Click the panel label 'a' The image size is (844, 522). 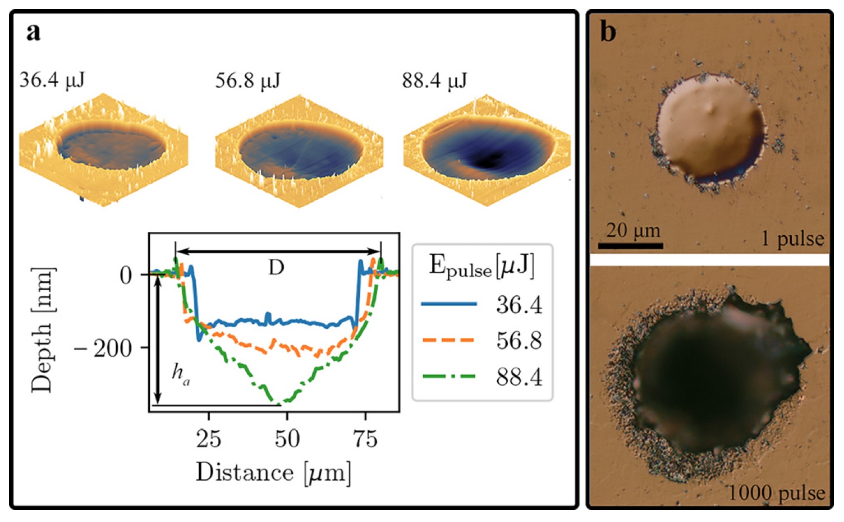(33, 32)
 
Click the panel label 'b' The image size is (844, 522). (608, 32)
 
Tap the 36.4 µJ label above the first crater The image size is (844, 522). (52, 80)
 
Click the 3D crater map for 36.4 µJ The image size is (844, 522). (104, 148)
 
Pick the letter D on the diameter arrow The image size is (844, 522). (276, 268)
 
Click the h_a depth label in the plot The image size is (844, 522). (180, 373)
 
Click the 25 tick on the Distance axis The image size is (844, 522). (208, 438)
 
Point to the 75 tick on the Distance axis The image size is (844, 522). (365, 438)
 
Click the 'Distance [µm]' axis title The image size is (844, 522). (273, 473)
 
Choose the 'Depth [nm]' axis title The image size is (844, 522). (43, 330)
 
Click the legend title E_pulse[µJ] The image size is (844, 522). (481, 266)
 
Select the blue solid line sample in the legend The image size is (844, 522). (449, 304)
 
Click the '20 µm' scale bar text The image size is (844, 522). (633, 230)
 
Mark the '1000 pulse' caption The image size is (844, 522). (777, 493)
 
